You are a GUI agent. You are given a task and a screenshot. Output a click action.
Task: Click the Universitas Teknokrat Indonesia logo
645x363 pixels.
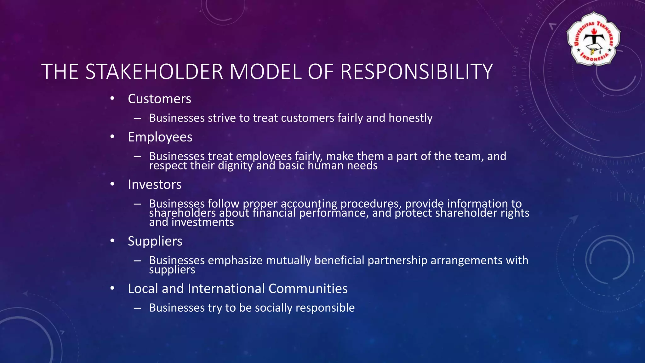click(x=593, y=39)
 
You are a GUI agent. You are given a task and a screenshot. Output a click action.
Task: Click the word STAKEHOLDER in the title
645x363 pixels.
click(x=154, y=72)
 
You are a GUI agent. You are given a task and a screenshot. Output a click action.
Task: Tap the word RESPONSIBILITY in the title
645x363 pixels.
click(x=416, y=72)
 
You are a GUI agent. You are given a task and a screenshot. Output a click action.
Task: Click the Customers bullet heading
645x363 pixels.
click(x=159, y=99)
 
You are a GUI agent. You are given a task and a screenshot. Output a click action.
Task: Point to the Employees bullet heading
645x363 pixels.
click(x=160, y=137)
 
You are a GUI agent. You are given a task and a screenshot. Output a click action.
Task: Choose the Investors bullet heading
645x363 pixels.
click(x=155, y=184)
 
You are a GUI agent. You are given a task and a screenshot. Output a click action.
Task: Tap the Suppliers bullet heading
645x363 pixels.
click(x=155, y=241)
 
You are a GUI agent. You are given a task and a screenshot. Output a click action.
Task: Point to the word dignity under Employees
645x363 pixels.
click(x=235, y=166)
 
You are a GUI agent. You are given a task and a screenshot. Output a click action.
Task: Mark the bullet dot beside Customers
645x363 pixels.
click(x=112, y=99)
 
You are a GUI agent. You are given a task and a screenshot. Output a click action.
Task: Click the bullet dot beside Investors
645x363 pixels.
click(x=112, y=184)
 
